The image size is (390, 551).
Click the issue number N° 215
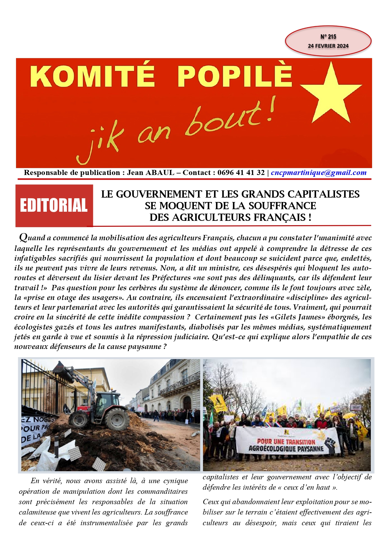pos(328,37)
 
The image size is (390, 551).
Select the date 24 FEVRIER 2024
pos(328,46)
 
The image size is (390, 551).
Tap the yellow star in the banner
pos(331,91)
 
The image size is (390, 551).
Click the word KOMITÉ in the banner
pos(93,76)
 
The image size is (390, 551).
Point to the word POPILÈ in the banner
pos(234,76)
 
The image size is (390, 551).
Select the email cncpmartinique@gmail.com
pos(318,172)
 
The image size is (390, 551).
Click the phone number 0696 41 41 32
pos(241,172)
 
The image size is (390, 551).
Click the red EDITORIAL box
pos(54,205)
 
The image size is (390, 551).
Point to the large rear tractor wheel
pos(117,419)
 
